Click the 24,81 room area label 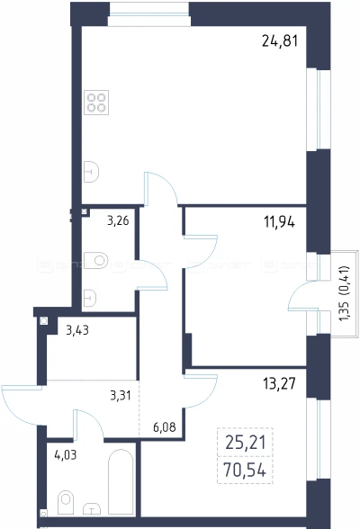coord(280,41)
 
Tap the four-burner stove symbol coord(96,103)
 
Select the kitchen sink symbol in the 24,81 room coord(91,172)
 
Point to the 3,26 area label coord(118,221)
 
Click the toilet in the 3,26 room coord(96,260)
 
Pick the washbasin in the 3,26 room coord(90,298)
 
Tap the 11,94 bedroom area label coord(279,222)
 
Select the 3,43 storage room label coord(77,330)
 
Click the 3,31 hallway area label coord(121,395)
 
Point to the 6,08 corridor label coord(165,427)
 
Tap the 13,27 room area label coord(279,383)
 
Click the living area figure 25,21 coord(246,443)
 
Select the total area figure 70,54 coord(245,470)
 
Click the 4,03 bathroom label coord(66,455)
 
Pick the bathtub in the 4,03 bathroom coord(121,482)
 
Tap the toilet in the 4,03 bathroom coord(66,502)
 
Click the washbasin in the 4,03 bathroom coord(92,509)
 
